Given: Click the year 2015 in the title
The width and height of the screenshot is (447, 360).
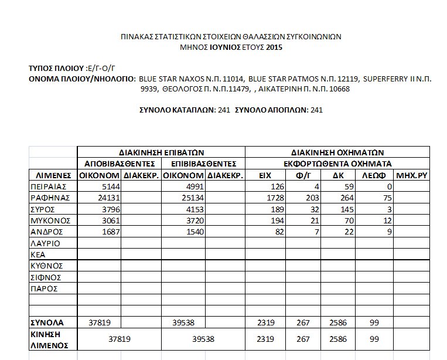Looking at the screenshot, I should tap(274, 46).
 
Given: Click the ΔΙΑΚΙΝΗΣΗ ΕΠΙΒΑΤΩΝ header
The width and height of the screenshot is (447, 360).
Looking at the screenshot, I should tap(161, 152).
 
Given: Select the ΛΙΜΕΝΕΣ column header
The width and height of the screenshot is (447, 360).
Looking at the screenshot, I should tap(53, 175).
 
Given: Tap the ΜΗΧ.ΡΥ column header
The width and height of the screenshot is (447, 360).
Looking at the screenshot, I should tap(412, 175).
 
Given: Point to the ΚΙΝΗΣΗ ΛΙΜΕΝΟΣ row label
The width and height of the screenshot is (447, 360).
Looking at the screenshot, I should tap(46, 339).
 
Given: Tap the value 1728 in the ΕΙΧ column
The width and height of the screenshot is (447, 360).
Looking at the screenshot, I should tap(275, 198).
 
